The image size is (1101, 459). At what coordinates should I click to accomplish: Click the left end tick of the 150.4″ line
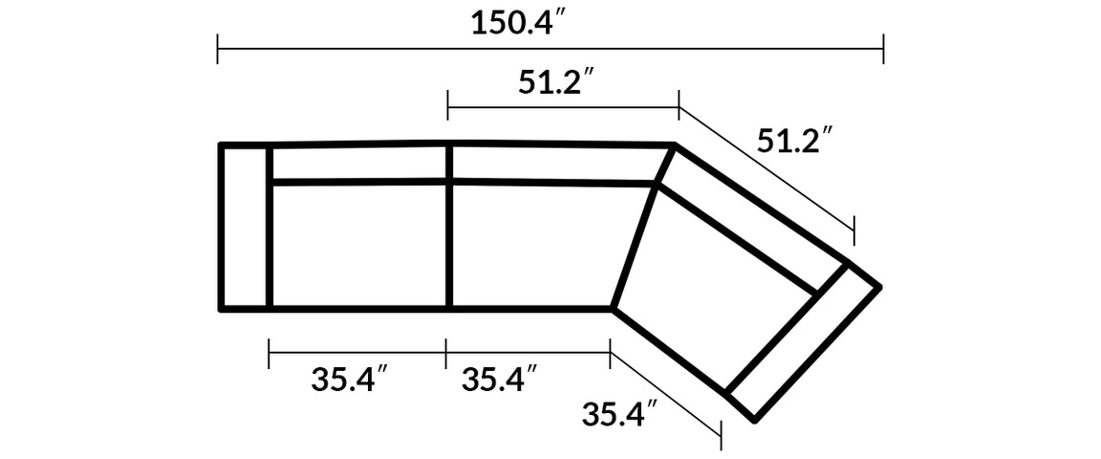(218, 48)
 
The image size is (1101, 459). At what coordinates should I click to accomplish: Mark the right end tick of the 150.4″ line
(883, 48)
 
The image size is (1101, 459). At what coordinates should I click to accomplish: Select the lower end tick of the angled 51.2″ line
(853, 230)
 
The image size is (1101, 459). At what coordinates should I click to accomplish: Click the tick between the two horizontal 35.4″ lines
(446, 353)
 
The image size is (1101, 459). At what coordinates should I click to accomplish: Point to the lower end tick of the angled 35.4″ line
(721, 435)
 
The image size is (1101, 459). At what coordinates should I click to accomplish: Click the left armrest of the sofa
(246, 227)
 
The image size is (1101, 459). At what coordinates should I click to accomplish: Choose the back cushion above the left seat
(359, 163)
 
